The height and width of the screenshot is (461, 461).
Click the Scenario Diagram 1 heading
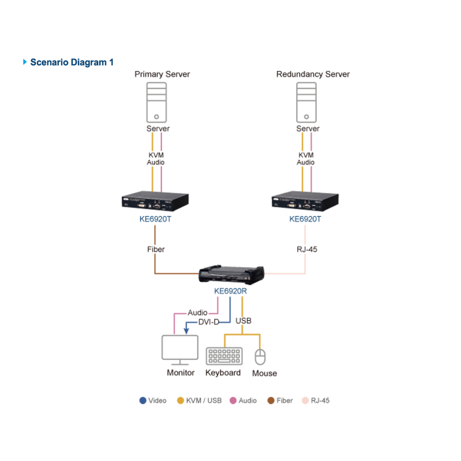pyautogui.click(x=72, y=62)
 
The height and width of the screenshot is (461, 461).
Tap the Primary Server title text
pyautogui.click(x=162, y=74)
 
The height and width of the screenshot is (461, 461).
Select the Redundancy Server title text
pyautogui.click(x=313, y=74)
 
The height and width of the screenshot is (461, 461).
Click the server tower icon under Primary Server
pyautogui.click(x=156, y=102)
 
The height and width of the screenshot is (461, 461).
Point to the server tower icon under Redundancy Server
pyautogui.click(x=307, y=102)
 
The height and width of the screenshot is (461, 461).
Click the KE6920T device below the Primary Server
pyautogui.click(x=155, y=201)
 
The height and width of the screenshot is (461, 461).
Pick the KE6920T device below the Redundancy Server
pyautogui.click(x=305, y=201)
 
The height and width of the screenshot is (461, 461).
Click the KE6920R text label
pyautogui.click(x=230, y=291)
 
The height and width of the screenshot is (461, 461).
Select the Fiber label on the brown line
pyautogui.click(x=156, y=249)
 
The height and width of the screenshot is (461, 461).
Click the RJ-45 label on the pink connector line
pyautogui.click(x=307, y=249)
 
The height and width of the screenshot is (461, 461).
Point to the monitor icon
pyautogui.click(x=180, y=350)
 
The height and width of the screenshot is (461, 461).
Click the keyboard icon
pyautogui.click(x=225, y=356)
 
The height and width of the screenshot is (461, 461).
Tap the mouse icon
pyautogui.click(x=260, y=357)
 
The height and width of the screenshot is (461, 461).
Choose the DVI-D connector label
pyautogui.click(x=209, y=322)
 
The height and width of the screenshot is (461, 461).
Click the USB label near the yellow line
pyautogui.click(x=243, y=321)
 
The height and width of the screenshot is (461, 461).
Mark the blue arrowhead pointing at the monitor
pyautogui.click(x=186, y=331)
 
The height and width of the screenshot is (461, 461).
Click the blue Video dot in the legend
pyautogui.click(x=143, y=401)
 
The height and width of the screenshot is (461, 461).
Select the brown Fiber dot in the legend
pyautogui.click(x=271, y=401)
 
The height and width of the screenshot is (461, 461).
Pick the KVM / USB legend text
pyautogui.click(x=204, y=401)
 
